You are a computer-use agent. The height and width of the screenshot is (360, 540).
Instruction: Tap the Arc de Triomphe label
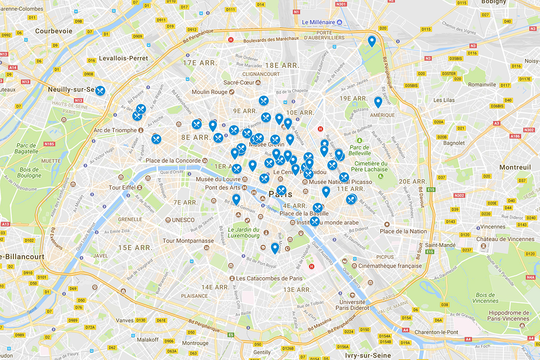click(115, 130)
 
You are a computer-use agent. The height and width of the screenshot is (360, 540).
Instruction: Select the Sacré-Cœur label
click(239, 83)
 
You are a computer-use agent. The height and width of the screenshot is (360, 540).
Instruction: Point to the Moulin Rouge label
click(209, 92)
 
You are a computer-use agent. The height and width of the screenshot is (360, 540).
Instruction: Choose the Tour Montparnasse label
click(189, 241)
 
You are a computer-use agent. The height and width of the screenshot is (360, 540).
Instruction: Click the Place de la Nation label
click(403, 231)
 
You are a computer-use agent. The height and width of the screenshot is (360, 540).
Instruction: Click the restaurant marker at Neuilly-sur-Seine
click(99, 90)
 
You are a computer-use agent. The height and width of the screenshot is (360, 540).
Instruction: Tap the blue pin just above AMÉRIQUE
click(378, 102)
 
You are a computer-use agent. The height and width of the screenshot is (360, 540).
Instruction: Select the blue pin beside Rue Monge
click(274, 247)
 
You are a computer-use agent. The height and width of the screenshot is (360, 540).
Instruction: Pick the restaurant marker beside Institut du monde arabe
click(315, 221)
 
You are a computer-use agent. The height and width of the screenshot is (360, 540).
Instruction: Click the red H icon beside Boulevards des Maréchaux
click(231, 40)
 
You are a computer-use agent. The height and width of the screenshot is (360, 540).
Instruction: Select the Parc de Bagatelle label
click(26, 148)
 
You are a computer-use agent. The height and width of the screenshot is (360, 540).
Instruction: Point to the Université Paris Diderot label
click(352, 305)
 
